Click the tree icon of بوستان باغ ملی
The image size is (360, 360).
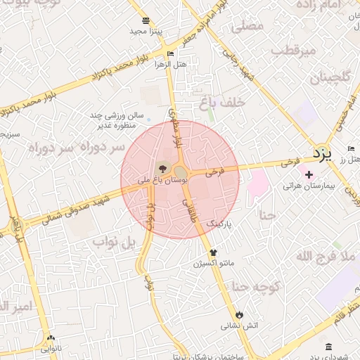click(x=163, y=168)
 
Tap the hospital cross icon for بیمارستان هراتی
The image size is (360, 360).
click(x=309, y=174)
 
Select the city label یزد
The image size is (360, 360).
click(x=321, y=153)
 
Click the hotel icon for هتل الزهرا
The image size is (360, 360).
click(x=170, y=53)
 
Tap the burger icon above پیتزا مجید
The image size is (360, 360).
click(x=146, y=20)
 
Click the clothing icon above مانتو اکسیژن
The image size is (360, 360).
click(x=214, y=252)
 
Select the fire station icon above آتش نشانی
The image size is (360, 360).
click(x=240, y=314)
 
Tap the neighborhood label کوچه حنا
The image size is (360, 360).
click(x=257, y=286)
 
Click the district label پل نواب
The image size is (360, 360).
click(x=112, y=243)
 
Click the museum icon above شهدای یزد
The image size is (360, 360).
click(x=329, y=347)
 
